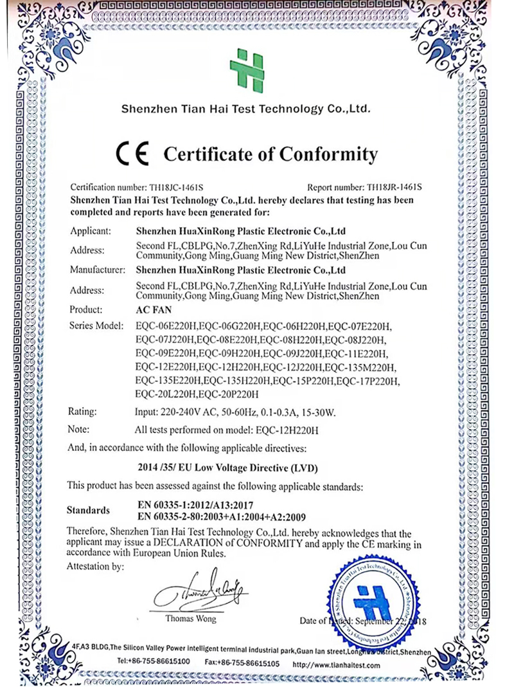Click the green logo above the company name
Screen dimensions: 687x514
tap(247, 69)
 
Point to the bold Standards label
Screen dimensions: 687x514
tap(88, 511)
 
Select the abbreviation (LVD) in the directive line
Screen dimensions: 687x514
tap(301, 468)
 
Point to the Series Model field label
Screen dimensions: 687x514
tap(96, 327)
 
